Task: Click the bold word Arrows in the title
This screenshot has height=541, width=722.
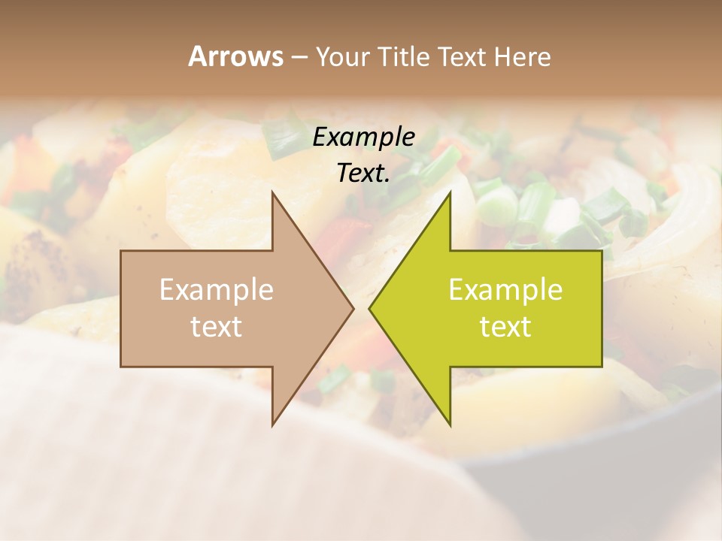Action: [x=235, y=56]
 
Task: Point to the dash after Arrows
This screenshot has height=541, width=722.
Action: [x=299, y=58]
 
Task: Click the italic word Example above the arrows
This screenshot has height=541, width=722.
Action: [x=364, y=137]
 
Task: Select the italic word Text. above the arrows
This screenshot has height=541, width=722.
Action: [x=364, y=173]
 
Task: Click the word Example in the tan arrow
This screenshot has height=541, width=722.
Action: [x=217, y=290]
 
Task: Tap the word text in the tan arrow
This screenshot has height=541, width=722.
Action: [x=217, y=327]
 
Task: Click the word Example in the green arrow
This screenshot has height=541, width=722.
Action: [x=505, y=290]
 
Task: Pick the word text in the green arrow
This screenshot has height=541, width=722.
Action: [x=505, y=327]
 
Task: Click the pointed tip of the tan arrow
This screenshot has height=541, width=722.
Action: [x=353, y=308]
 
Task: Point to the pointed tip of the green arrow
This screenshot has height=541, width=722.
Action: [x=369, y=308]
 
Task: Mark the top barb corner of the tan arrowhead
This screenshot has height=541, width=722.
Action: [x=272, y=191]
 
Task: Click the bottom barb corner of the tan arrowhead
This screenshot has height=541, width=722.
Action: [x=272, y=425]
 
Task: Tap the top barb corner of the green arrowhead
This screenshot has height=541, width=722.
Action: [x=450, y=191]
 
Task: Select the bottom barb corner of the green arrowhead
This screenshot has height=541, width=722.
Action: [x=450, y=425]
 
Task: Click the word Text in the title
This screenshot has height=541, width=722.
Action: [x=463, y=56]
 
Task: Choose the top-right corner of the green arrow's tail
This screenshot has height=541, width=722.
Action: [x=602, y=250]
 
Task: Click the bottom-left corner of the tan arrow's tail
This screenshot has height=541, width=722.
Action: [x=121, y=367]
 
